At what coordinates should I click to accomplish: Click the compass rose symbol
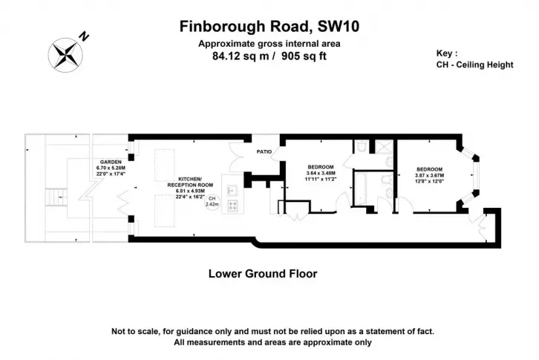point(65,55)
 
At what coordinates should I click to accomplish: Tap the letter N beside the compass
point(84,36)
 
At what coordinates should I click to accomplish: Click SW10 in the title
point(339,27)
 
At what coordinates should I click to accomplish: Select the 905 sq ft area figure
point(304,56)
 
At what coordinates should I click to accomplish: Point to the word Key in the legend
point(445,53)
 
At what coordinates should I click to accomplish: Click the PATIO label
point(264,151)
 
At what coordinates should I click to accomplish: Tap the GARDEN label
point(111,162)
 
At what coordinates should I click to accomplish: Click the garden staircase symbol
point(56,197)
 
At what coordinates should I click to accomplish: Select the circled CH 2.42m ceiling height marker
point(212,202)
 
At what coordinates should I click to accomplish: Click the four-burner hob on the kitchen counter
point(233,206)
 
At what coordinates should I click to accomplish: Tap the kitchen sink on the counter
point(232,190)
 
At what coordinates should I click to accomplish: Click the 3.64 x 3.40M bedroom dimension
point(321,173)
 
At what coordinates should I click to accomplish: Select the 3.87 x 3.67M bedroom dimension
point(429,175)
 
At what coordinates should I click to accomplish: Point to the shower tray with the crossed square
point(383,146)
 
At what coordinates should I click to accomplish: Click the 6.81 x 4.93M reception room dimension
point(190,191)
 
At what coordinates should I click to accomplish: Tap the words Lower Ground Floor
point(263,274)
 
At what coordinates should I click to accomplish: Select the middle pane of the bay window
point(476,175)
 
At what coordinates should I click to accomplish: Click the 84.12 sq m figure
point(241,56)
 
